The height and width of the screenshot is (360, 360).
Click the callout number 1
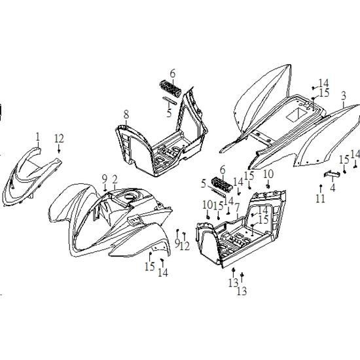pyautogui.click(x=38, y=137)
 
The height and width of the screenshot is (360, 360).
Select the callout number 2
pyautogui.click(x=115, y=179)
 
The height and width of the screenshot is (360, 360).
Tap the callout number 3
pyautogui.click(x=343, y=96)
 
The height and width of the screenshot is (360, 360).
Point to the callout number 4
pyautogui.click(x=333, y=187)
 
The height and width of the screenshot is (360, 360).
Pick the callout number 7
pyautogui.click(x=237, y=207)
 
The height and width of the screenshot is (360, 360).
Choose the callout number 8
pyautogui.click(x=126, y=115)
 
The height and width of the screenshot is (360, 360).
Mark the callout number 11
pyautogui.click(x=320, y=198)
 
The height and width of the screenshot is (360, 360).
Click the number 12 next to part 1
pyautogui.click(x=59, y=139)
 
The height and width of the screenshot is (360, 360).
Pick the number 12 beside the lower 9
pyautogui.click(x=185, y=246)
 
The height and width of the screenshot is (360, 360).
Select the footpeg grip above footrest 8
pyautogui.click(x=170, y=88)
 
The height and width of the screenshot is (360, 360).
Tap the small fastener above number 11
pyautogui.click(x=321, y=185)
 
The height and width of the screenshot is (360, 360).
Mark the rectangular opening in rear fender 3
pyautogui.click(x=297, y=115)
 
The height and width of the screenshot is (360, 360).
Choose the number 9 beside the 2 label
pyautogui.click(x=105, y=179)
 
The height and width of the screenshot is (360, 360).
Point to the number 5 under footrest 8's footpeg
pyautogui.click(x=170, y=113)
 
